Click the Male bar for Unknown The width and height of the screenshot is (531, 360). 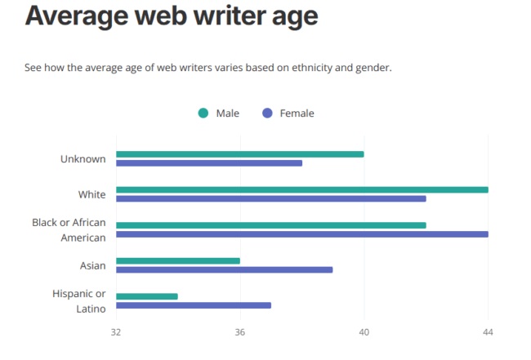tap(239, 154)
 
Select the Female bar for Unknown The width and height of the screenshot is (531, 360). tap(208, 163)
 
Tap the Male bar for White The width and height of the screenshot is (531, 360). tap(301, 189)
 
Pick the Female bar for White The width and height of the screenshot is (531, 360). tap(270, 198)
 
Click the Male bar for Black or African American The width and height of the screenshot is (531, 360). tap(270, 225)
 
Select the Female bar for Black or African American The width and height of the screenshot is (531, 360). tap(301, 234)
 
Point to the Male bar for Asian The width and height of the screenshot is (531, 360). tap(177, 261)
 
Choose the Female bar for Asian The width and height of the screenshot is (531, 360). tap(224, 269)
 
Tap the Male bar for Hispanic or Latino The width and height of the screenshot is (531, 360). tap(146, 296)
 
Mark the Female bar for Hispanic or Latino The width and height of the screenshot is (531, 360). tap(193, 305)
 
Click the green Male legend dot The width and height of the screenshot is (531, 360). tap(203, 113)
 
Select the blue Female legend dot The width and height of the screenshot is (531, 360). tap(267, 113)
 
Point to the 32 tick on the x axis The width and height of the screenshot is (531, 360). tap(116, 333)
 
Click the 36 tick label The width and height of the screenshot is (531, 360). tap(240, 333)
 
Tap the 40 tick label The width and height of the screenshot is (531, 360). tap(364, 333)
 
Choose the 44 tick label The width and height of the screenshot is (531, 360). tap(488, 333)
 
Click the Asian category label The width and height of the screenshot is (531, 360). tap(92, 265)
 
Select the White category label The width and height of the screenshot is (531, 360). tap(91, 194)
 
